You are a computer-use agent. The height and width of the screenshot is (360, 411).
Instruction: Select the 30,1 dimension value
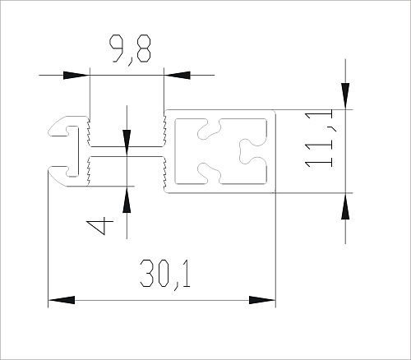(x=165, y=274)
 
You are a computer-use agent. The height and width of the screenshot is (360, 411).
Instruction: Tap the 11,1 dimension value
(x=319, y=138)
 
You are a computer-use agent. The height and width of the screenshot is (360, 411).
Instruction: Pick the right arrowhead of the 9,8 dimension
(x=177, y=75)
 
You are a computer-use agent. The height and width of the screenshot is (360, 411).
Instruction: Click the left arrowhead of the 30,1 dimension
(x=62, y=300)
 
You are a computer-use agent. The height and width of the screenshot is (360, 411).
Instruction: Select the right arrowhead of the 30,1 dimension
(x=262, y=300)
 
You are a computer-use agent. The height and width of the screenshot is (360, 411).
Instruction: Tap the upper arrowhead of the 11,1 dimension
(x=345, y=96)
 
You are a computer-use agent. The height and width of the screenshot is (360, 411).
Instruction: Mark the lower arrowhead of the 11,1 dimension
(x=345, y=206)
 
